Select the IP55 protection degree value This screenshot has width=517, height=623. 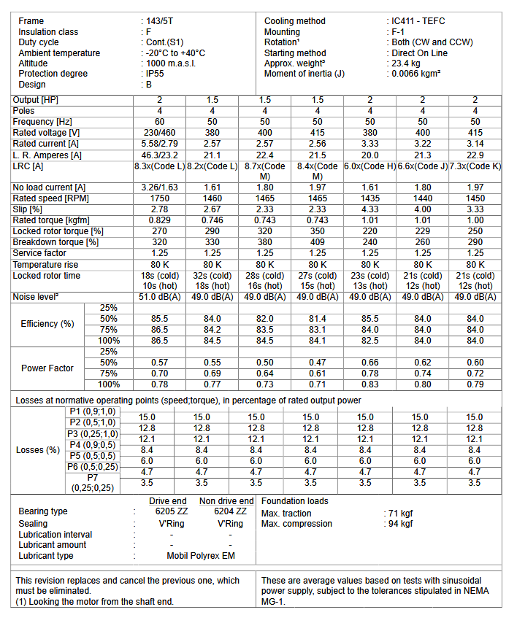(x=155, y=74)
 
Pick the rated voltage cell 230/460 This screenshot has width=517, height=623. (x=159, y=132)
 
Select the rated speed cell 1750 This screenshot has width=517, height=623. (x=159, y=198)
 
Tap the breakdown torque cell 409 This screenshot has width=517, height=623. (x=318, y=242)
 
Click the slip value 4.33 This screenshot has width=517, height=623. (x=370, y=209)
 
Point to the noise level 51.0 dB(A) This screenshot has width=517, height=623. (x=159, y=297)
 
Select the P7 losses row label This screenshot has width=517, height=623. (x=92, y=482)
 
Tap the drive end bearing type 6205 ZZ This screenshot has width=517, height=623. (x=168, y=512)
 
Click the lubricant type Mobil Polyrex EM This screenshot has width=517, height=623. (x=201, y=556)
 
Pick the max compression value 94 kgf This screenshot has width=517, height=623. (x=399, y=524)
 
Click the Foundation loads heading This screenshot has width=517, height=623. (x=294, y=501)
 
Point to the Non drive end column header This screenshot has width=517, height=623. (x=227, y=501)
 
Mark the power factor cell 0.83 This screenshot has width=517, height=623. (x=370, y=384)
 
